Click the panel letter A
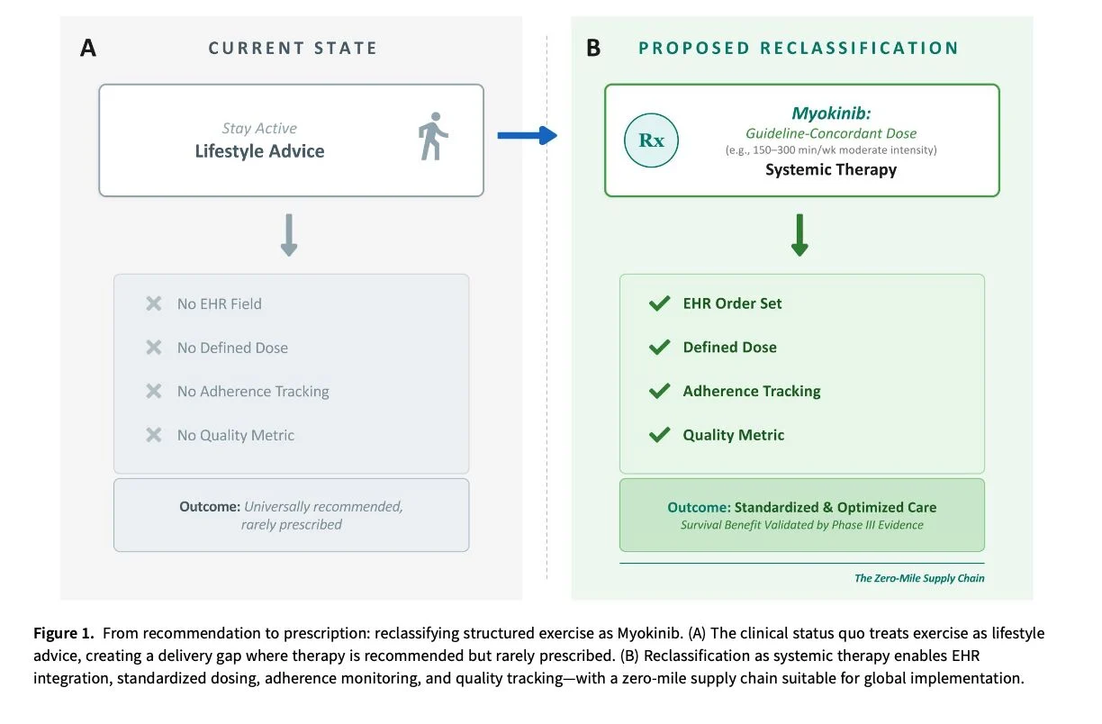(87, 48)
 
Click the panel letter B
(593, 48)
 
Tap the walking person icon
(433, 136)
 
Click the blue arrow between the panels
(528, 135)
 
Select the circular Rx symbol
(651, 140)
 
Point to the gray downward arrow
(288, 235)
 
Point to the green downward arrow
(799, 235)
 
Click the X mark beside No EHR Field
(154, 303)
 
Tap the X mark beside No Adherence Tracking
(154, 391)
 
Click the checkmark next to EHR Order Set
(659, 303)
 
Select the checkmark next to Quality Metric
(659, 435)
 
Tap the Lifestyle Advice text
(259, 151)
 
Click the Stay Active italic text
(259, 128)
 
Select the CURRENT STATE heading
(293, 48)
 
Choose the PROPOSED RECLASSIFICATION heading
(799, 48)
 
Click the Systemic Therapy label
(830, 169)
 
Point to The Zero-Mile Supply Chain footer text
(918, 578)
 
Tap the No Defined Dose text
(232, 348)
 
